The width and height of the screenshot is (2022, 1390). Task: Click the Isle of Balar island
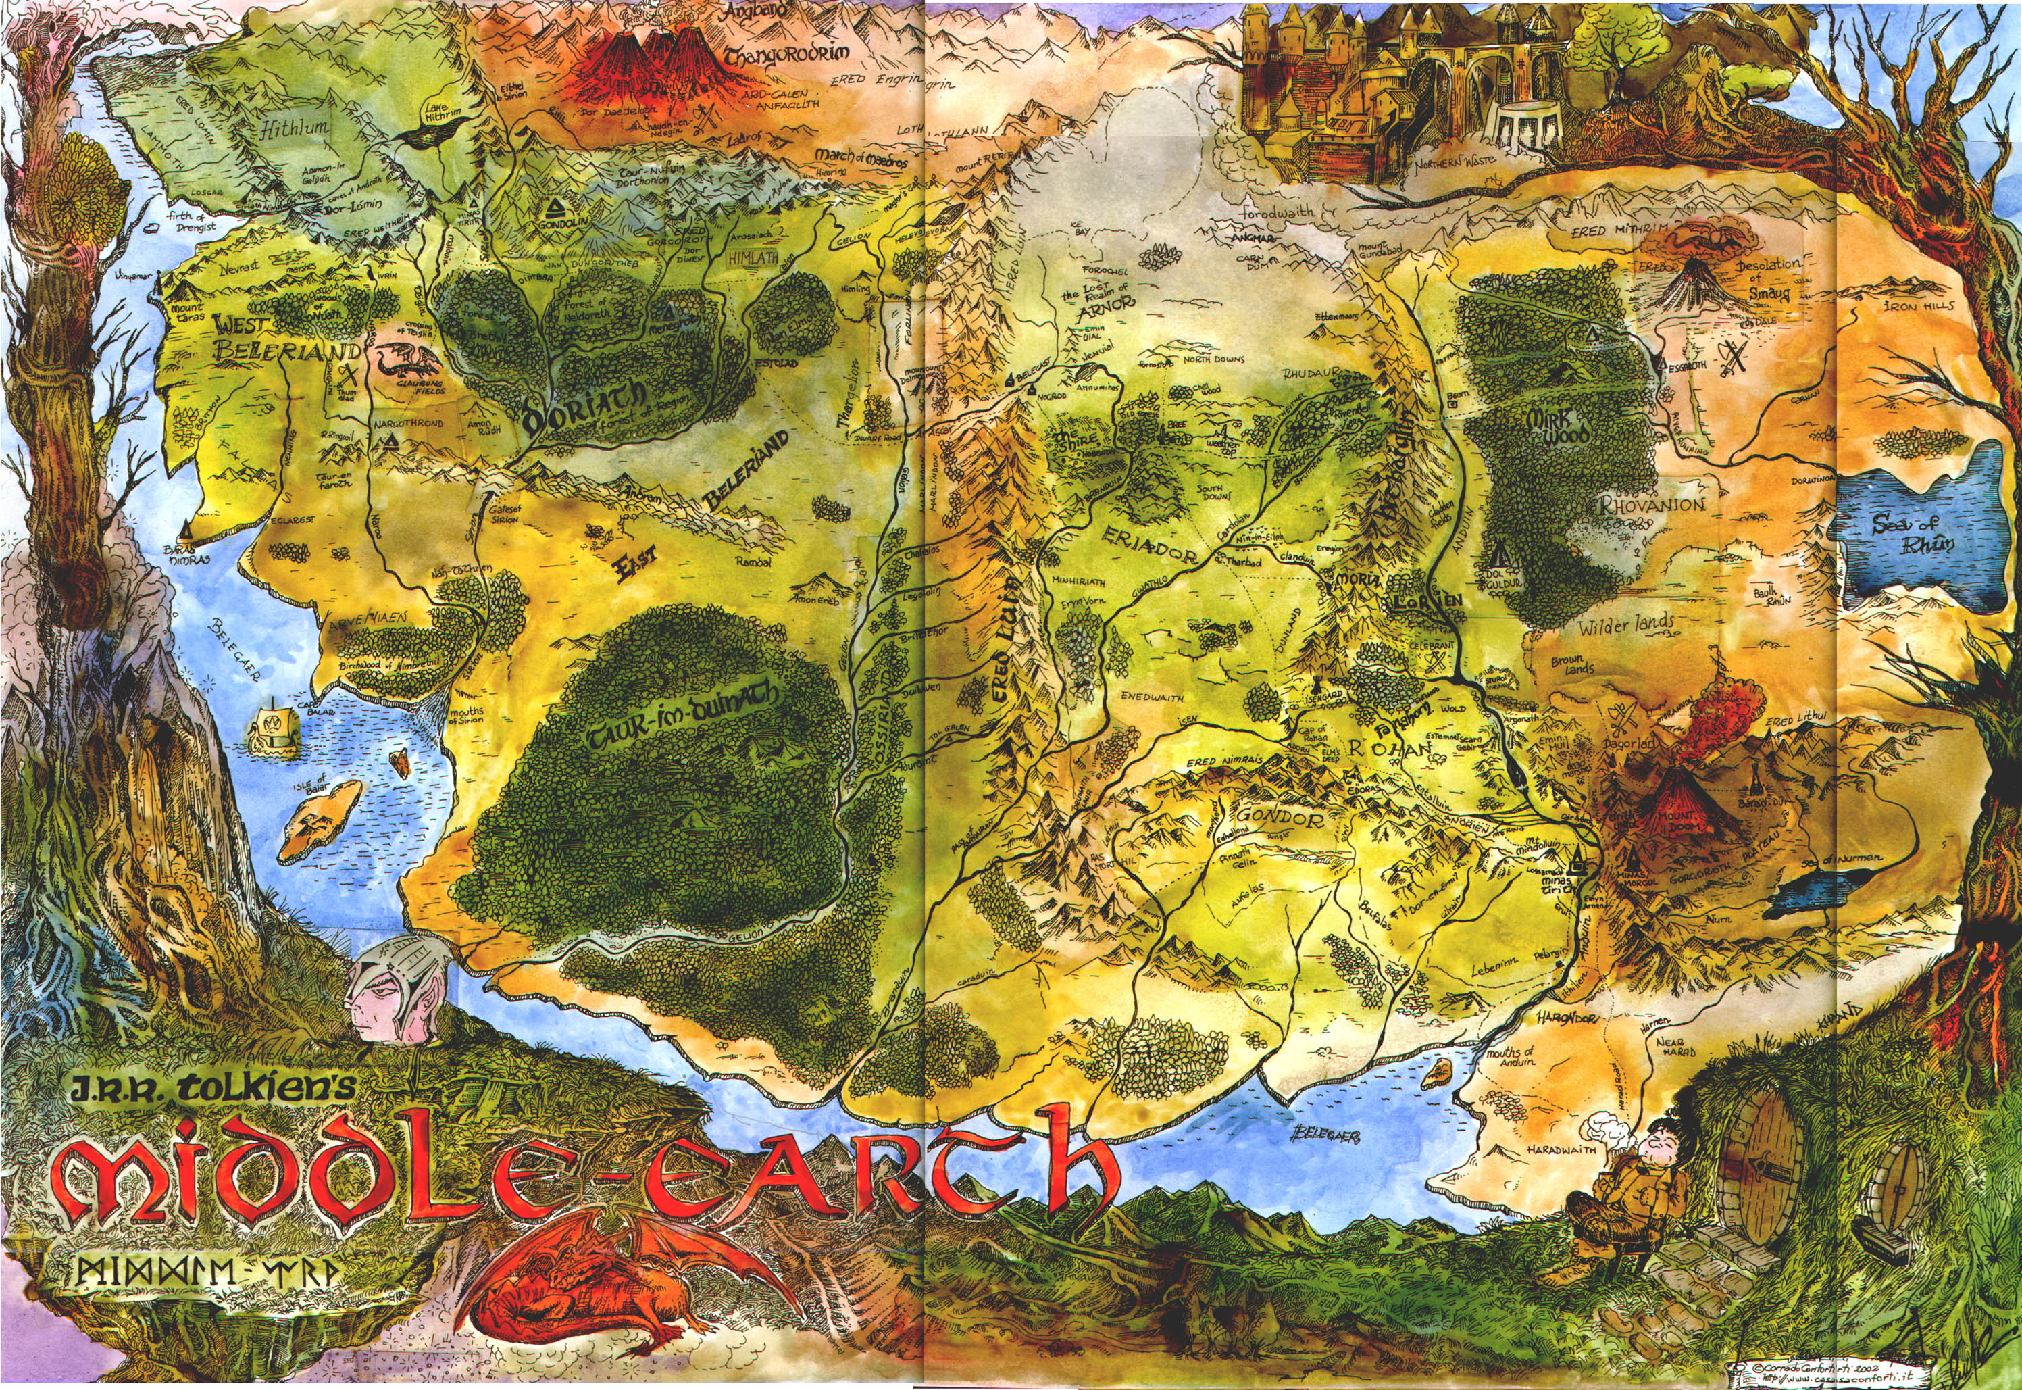tap(320, 820)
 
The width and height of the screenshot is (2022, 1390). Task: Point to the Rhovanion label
tap(1651, 503)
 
